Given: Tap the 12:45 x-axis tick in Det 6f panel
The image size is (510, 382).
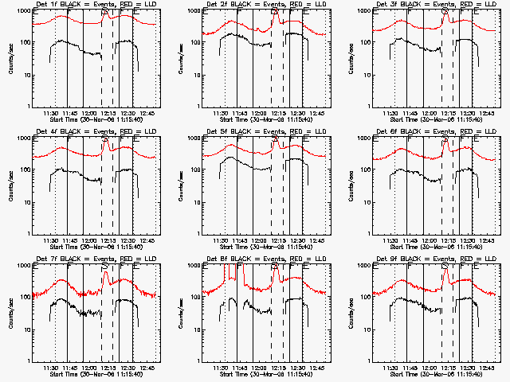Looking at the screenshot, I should pyautogui.click(x=488, y=240).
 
